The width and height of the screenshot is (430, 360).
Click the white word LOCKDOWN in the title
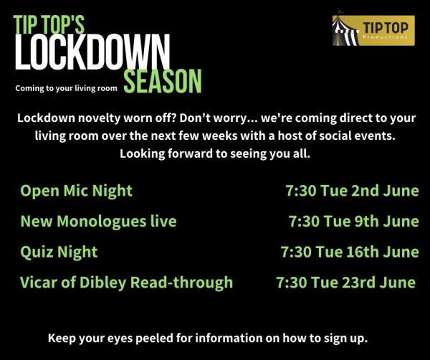(92, 52)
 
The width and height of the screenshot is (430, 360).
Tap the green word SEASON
(163, 81)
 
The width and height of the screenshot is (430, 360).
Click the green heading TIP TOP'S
(49, 24)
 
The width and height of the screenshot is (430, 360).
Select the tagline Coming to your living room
(66, 88)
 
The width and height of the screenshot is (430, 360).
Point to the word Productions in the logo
(385, 37)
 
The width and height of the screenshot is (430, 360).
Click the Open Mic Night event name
(76, 191)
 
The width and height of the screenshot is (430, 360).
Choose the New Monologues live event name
(98, 222)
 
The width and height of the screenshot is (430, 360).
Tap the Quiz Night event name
(59, 252)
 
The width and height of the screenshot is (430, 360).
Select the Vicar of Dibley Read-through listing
(126, 283)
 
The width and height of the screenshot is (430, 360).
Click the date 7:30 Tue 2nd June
(352, 191)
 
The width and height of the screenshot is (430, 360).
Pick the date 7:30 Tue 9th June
(354, 221)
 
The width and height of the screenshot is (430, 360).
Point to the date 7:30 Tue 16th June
(350, 252)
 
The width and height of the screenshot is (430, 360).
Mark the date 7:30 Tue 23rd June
(346, 283)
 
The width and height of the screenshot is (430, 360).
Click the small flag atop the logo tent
(340, 11)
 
